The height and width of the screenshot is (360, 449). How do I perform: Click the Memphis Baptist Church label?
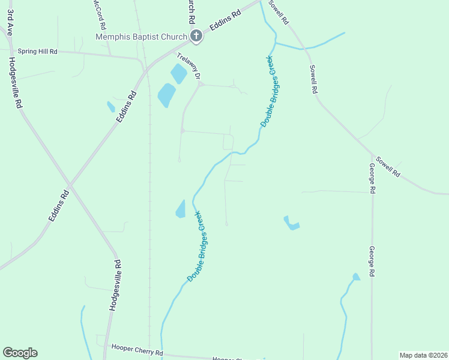click(142, 37)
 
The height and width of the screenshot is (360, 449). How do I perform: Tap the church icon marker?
click(196, 37)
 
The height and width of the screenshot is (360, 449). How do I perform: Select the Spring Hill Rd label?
click(37, 52)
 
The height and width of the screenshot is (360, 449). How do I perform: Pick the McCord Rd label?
click(100, 15)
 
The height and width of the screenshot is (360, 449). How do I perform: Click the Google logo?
click(20, 353)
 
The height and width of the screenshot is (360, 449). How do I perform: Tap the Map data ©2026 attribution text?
click(423, 355)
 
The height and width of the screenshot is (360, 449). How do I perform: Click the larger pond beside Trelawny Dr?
click(166, 95)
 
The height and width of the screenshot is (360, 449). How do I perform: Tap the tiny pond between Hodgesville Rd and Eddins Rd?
click(110, 107)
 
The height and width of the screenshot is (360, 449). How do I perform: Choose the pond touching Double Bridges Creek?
click(181, 209)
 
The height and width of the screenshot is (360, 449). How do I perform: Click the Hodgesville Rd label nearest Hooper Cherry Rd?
click(116, 284)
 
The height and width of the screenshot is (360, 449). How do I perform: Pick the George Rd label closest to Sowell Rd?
click(372, 178)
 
